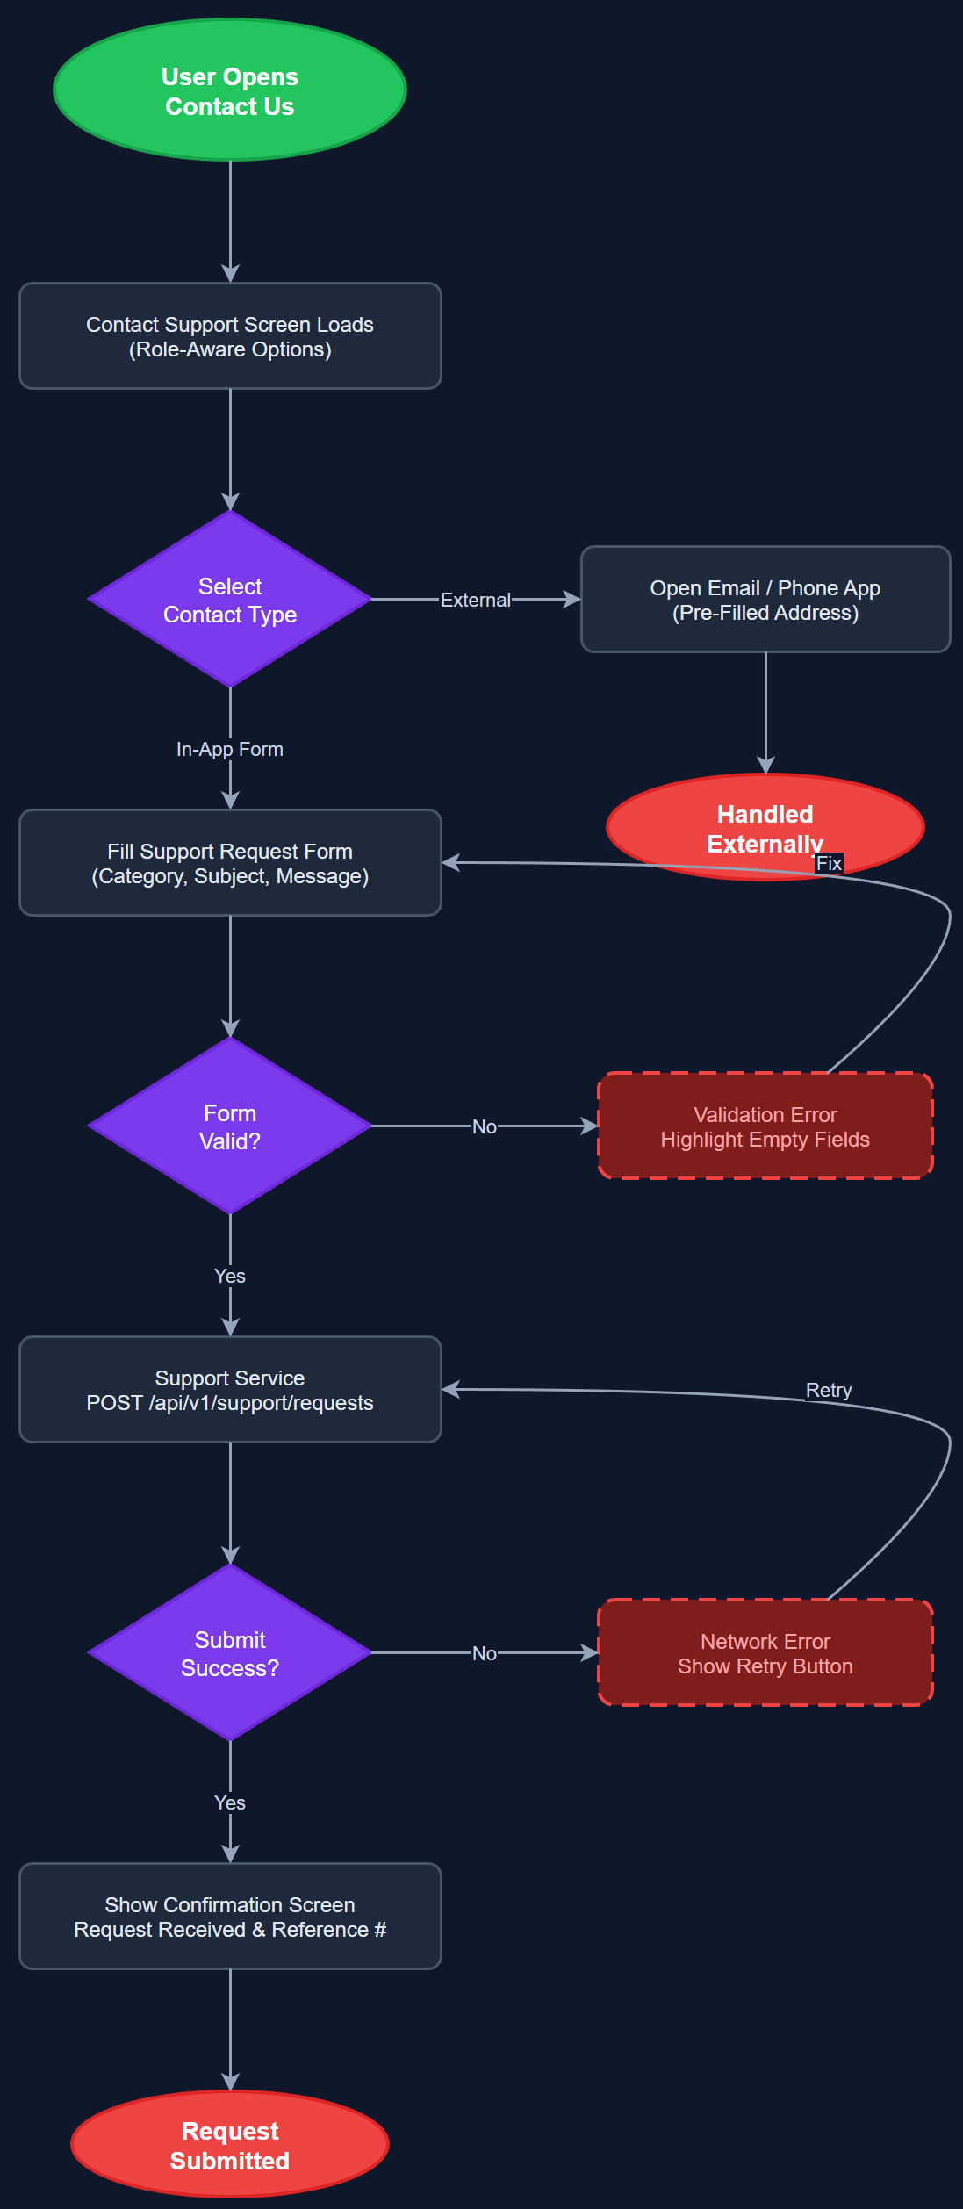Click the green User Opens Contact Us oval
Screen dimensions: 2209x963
click(230, 90)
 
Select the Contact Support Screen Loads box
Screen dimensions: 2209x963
click(230, 336)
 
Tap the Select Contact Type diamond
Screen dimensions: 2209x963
click(230, 600)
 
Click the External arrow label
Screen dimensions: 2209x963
click(475, 600)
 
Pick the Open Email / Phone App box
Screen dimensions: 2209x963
click(765, 600)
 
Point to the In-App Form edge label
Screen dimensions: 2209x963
click(230, 749)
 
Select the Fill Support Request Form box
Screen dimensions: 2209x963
click(230, 863)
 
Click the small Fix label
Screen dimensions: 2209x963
click(829, 863)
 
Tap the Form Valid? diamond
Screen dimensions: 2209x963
click(230, 1126)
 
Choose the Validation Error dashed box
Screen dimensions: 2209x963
click(765, 1126)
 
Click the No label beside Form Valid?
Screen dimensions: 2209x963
click(485, 1126)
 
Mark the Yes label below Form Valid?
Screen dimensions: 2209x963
click(230, 1276)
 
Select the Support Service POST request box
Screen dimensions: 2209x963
click(230, 1390)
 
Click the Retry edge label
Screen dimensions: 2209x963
click(829, 1390)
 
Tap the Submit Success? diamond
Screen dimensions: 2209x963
click(230, 1653)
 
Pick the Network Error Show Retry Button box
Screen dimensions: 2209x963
click(765, 1653)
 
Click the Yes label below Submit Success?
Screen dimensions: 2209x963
click(230, 1802)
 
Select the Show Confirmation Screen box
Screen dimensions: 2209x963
click(230, 1917)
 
